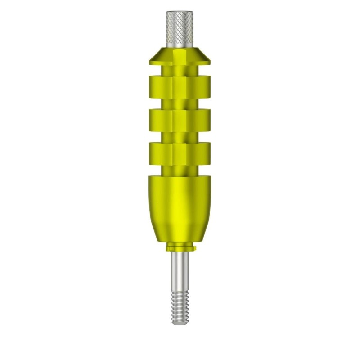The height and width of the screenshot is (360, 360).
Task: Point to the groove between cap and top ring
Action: pos(180,69)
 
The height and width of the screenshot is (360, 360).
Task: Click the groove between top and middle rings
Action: pos(180,102)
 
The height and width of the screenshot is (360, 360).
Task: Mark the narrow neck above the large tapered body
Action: pos(180,169)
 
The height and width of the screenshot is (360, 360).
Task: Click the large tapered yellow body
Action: pos(180,207)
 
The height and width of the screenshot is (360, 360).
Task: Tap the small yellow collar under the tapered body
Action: pos(180,247)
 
